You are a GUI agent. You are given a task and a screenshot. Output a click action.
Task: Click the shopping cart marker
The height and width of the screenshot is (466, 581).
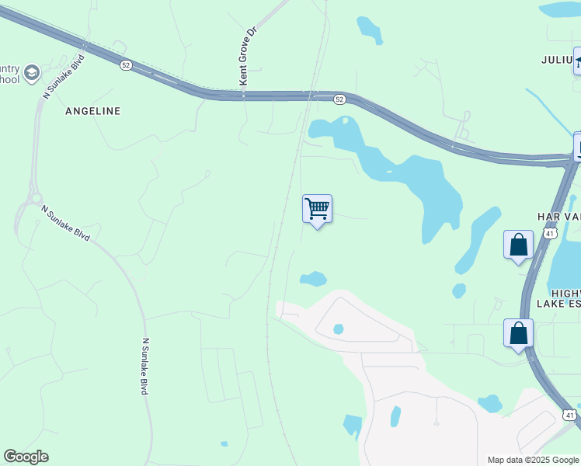317,209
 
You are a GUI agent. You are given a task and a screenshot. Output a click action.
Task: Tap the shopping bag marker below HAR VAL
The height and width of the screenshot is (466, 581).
518,245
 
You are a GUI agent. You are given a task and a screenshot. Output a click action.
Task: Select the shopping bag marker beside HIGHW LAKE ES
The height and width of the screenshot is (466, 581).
518,334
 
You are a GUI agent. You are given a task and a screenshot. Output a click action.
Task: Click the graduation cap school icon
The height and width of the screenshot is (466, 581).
32,74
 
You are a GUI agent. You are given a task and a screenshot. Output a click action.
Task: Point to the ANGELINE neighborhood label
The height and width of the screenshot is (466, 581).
93,111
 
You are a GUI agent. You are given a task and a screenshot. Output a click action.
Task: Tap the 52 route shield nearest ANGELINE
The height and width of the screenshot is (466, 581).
126,66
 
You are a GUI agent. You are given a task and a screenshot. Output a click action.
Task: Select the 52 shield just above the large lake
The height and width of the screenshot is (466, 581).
339,99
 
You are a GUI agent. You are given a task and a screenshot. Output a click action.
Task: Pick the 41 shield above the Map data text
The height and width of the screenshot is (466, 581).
570,416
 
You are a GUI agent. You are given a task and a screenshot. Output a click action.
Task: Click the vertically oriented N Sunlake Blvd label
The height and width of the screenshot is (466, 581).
145,366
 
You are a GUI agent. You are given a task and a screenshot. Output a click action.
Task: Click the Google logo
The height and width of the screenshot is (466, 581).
26,457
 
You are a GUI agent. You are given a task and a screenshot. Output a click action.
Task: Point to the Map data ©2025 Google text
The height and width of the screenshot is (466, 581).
532,460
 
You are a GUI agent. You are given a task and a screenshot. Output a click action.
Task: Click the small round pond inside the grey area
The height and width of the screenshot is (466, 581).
338,329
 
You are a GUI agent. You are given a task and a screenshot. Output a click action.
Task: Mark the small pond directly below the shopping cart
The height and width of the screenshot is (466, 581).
314,278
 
